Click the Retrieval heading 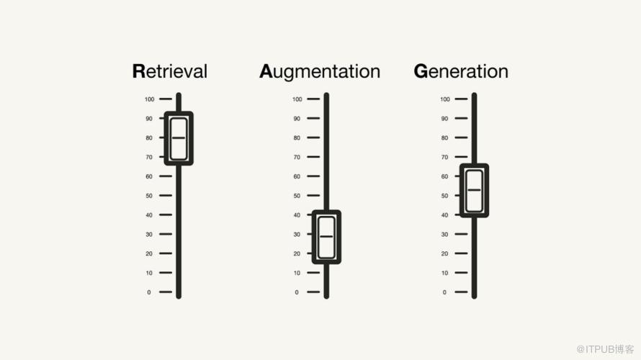point(170,71)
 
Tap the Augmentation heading point(320,72)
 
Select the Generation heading point(461,71)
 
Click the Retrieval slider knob point(179,138)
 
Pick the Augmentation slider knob point(326,237)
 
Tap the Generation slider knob point(474,190)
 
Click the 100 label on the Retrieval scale point(149,99)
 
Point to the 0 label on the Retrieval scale point(149,292)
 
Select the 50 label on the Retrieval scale point(149,196)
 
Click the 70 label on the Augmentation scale point(297,157)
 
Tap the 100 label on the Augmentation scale point(297,99)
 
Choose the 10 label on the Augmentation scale point(297,273)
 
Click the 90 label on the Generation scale point(444,119)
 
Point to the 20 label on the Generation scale point(444,253)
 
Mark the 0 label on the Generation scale point(444,292)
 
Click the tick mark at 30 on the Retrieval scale point(166,234)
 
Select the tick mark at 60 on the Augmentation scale point(313,176)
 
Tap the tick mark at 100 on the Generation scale point(461,99)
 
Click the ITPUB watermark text point(605,349)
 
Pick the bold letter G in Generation point(421,71)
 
